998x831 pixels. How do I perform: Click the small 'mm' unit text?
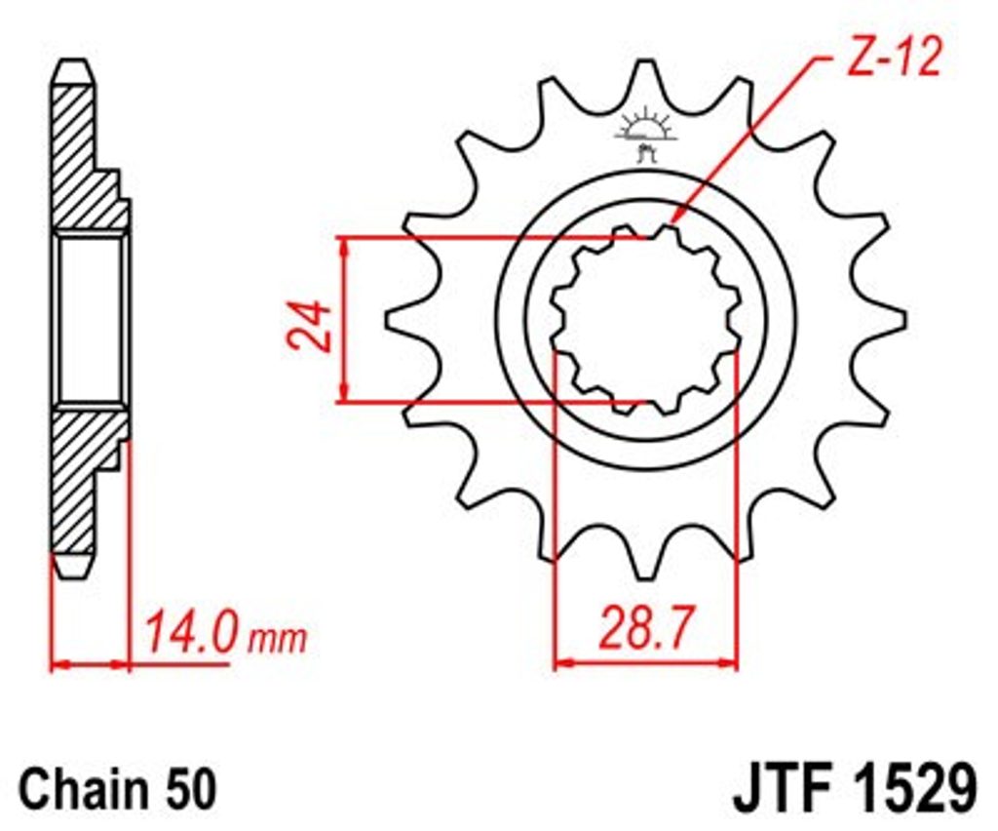278,639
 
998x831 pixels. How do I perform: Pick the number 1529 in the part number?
911,789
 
